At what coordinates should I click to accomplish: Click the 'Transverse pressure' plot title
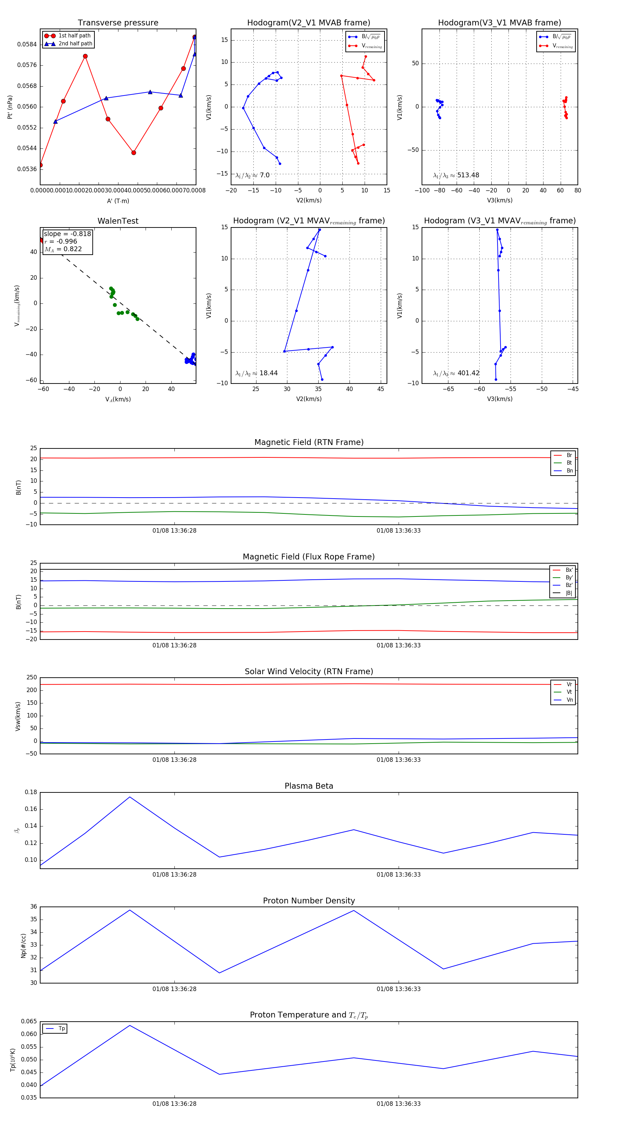[x=118, y=23]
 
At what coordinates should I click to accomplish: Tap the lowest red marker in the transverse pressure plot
[x=41, y=165]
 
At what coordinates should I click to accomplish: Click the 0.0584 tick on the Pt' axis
[x=27, y=44]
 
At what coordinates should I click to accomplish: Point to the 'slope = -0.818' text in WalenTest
[x=67, y=234]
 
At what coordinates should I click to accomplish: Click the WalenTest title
[x=118, y=221]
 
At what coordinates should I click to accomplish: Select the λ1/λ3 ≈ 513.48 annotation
[x=456, y=175]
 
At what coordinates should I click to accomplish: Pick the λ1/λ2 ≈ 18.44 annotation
[x=256, y=373]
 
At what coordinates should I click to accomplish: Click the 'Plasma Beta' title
[x=309, y=786]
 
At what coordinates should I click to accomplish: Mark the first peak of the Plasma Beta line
[x=130, y=797]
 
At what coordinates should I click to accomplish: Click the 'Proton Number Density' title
[x=309, y=901]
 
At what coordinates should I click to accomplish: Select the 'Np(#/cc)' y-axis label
[x=23, y=946]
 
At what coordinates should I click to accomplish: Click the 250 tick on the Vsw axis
[x=32, y=678]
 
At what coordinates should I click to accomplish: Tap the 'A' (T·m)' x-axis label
[x=118, y=201]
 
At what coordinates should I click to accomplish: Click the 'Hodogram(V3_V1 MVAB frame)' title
[x=499, y=23]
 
